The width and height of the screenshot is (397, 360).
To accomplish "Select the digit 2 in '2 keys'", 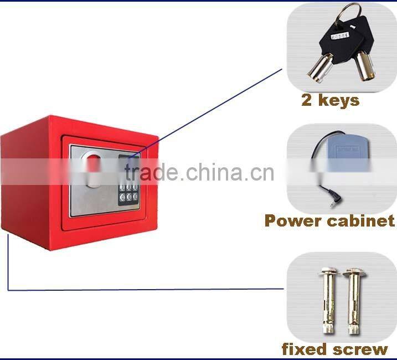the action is [x=307, y=100].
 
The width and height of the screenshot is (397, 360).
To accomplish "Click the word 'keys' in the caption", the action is [x=338, y=100].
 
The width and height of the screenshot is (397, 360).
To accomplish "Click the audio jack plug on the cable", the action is [x=331, y=203].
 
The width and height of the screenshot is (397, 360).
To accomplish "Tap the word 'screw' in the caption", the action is [x=360, y=349].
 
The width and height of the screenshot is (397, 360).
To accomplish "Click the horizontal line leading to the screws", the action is [x=144, y=289].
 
